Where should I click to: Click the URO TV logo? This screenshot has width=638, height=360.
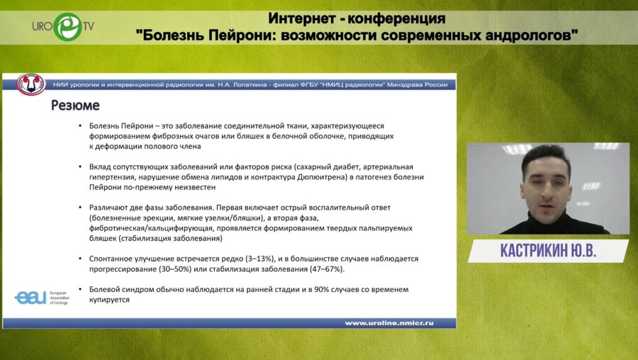[x=62, y=26]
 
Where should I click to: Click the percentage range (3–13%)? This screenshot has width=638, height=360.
[x=257, y=259]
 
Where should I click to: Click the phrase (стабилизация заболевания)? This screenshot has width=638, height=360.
[x=142, y=238]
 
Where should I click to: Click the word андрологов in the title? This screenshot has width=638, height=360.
[x=525, y=34]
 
